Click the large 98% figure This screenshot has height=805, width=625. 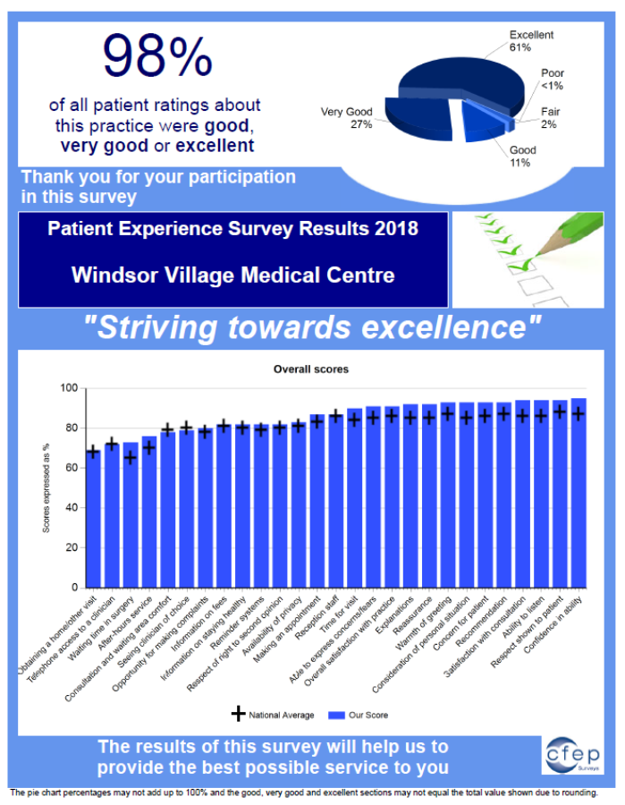156,55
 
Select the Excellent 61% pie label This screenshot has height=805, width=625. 530,41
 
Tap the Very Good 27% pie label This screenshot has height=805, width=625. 347,118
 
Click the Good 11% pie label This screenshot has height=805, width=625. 523,157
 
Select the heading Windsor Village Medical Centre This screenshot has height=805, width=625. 232,275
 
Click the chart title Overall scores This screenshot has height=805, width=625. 311,369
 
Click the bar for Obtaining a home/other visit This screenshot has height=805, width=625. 92,519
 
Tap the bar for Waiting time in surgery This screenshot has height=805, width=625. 131,514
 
